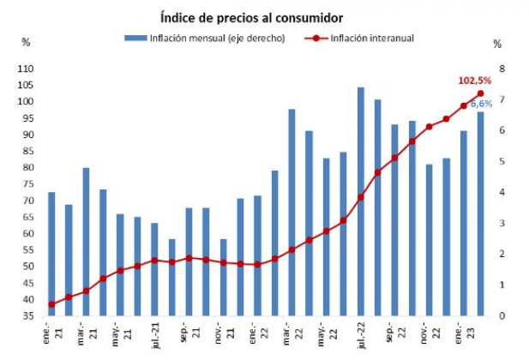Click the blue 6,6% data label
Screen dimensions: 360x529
(482, 104)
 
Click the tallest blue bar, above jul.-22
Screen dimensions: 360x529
(361, 201)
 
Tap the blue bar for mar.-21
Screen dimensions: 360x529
(86, 242)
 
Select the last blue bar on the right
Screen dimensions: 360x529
(481, 213)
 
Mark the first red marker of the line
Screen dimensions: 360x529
(51, 304)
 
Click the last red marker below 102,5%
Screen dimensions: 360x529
(481, 94)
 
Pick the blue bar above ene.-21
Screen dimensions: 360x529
(51, 254)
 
